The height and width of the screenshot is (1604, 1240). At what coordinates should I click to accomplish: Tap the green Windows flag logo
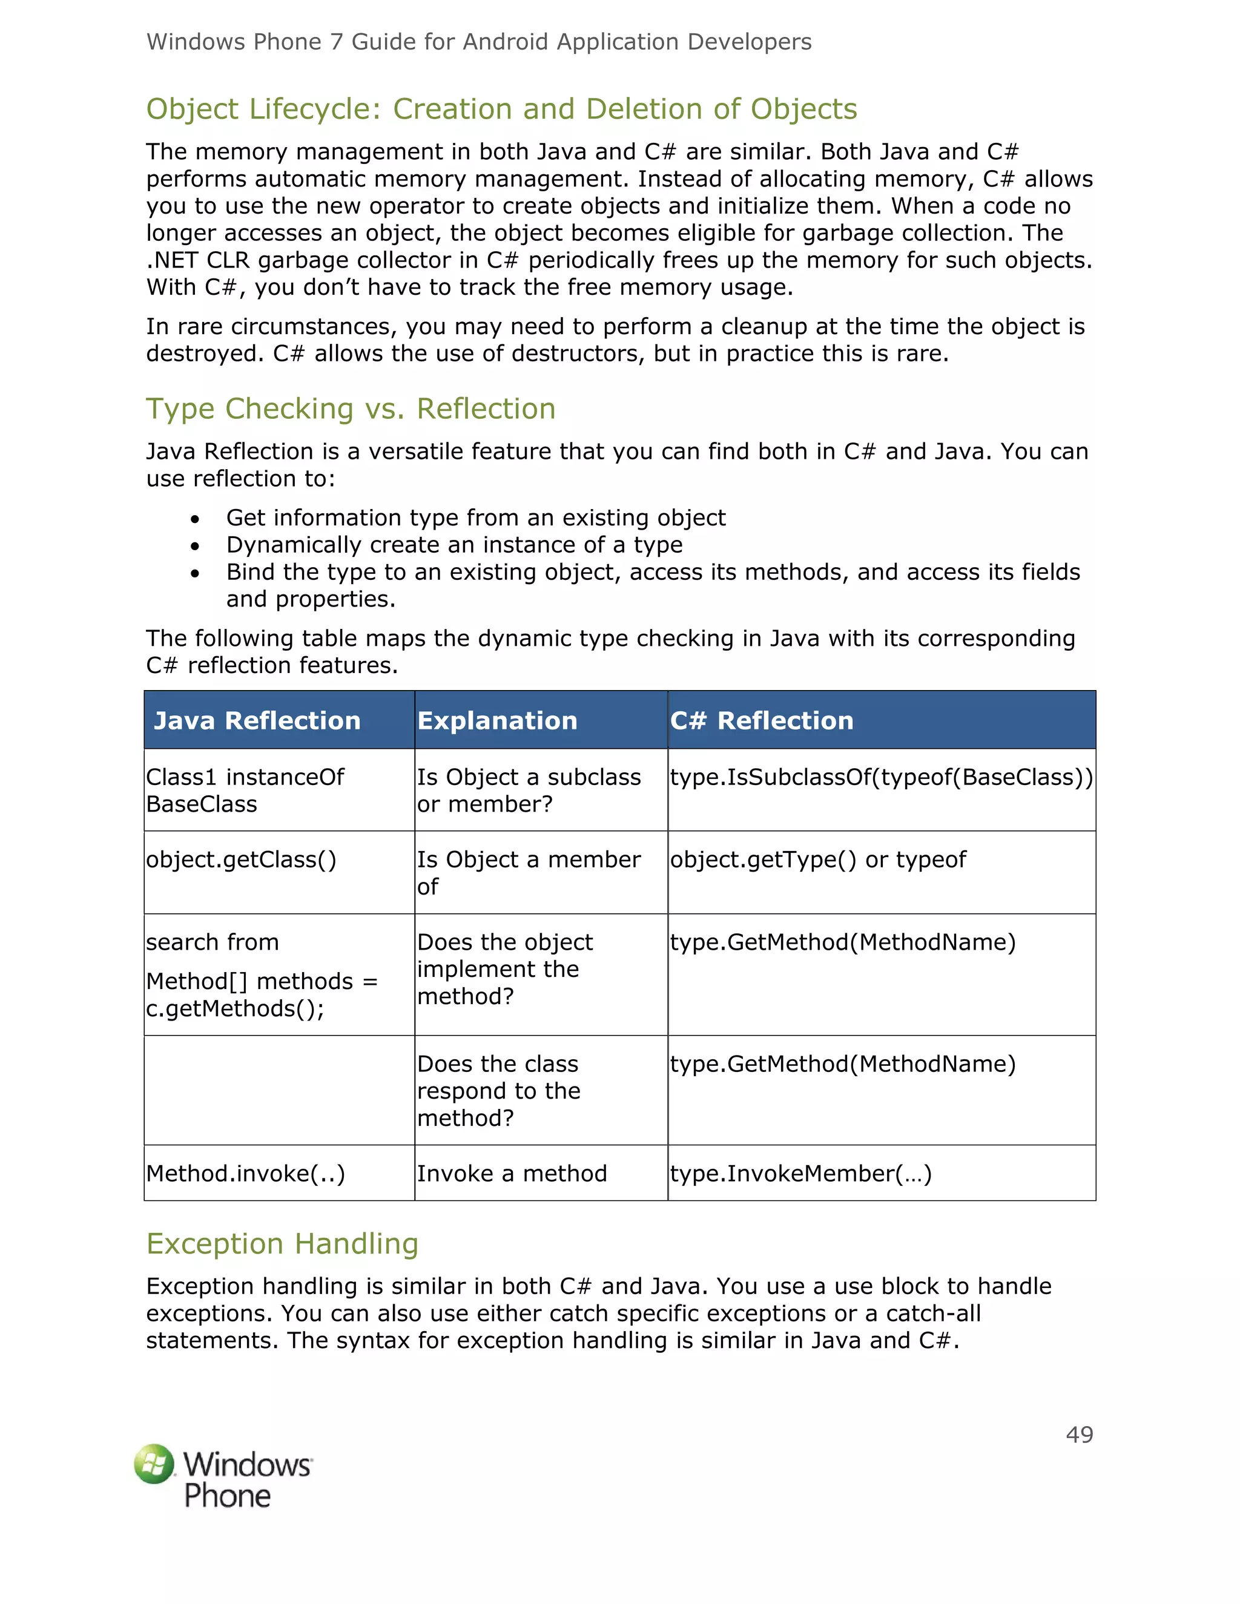pyautogui.click(x=154, y=1463)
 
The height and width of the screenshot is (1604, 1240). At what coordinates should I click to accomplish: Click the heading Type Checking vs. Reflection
pyautogui.click(x=351, y=409)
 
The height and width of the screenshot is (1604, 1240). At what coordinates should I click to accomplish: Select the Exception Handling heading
pyautogui.click(x=282, y=1243)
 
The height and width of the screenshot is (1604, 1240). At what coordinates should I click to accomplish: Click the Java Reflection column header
pyautogui.click(x=257, y=720)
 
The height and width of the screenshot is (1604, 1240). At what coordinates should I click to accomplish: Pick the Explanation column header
pyautogui.click(x=497, y=720)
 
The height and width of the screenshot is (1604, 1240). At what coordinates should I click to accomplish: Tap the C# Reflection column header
pyautogui.click(x=762, y=720)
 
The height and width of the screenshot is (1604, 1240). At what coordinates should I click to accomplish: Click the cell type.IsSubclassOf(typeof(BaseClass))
pyautogui.click(x=881, y=777)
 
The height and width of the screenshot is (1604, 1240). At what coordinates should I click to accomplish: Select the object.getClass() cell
pyautogui.click(x=241, y=860)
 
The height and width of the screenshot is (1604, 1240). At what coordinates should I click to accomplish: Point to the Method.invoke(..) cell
pyautogui.click(x=245, y=1174)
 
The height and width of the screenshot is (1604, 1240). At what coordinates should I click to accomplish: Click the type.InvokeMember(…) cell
pyautogui.click(x=800, y=1174)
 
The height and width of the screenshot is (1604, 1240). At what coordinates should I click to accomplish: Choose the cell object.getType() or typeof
pyautogui.click(x=817, y=860)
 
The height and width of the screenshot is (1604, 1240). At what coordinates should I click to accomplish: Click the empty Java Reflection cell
pyautogui.click(x=279, y=1091)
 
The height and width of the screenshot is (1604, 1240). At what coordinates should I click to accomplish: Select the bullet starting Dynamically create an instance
pyautogui.click(x=454, y=545)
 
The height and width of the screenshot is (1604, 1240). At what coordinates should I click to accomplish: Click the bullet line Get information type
pyautogui.click(x=475, y=518)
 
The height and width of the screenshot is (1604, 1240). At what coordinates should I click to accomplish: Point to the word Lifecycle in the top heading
pyautogui.click(x=316, y=109)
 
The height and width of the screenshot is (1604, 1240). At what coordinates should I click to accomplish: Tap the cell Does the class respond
pyautogui.click(x=498, y=1091)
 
